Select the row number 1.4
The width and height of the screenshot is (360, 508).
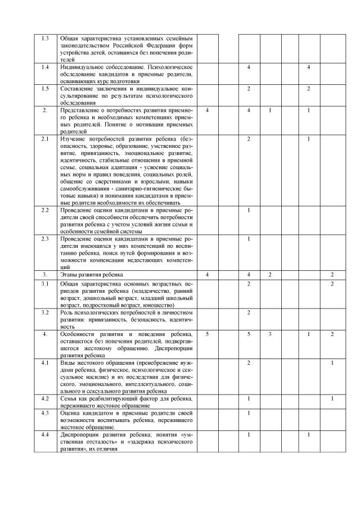pyautogui.click(x=46, y=67)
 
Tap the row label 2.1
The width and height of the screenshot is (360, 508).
pyautogui.click(x=46, y=138)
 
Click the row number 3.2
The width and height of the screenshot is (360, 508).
pyautogui.click(x=46, y=312)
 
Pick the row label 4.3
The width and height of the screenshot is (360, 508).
pyautogui.click(x=46, y=413)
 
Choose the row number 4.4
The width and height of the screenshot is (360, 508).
pyautogui.click(x=46, y=434)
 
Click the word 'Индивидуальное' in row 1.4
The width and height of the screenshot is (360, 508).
pyautogui.click(x=81, y=67)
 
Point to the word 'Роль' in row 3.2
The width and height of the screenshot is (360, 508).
pyautogui.click(x=66, y=312)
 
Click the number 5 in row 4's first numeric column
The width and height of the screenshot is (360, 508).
pyautogui.click(x=208, y=334)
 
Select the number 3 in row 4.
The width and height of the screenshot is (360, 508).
pyautogui.click(x=270, y=334)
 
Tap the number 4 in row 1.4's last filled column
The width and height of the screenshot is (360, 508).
pyautogui.click(x=309, y=67)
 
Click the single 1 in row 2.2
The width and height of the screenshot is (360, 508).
pyautogui.click(x=249, y=210)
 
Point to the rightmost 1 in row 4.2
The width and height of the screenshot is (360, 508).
pyautogui.click(x=332, y=398)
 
